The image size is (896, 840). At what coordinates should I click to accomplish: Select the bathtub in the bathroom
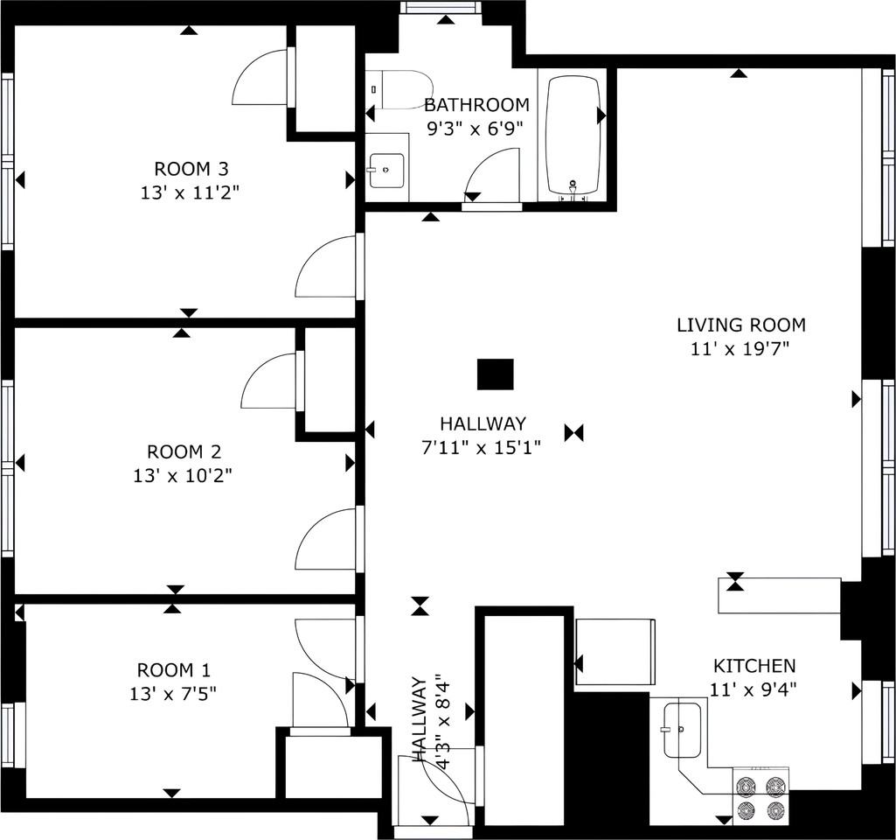tap(573, 135)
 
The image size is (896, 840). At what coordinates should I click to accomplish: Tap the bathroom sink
tap(387, 171)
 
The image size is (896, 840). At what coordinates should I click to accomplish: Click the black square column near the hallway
tap(496, 374)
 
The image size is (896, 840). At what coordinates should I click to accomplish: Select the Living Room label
tap(741, 325)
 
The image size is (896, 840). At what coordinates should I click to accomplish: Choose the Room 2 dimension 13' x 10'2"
tap(183, 475)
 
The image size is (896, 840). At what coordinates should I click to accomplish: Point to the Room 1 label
tap(174, 669)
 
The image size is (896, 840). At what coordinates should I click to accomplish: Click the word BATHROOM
tap(476, 105)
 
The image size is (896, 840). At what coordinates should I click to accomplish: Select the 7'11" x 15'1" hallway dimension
tap(481, 447)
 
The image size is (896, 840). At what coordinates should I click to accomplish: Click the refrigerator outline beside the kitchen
tap(615, 652)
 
